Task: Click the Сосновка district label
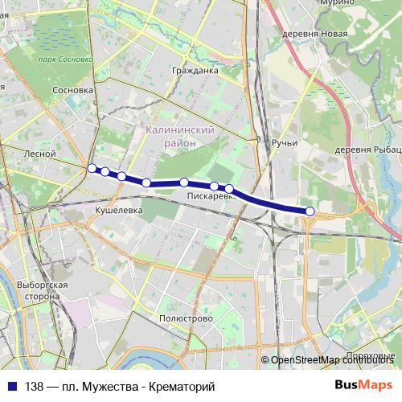coord(72,91)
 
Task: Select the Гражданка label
coord(195,70)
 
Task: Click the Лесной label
coord(39,153)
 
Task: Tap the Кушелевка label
coord(118,209)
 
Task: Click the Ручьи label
coord(285,143)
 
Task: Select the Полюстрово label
coord(186,318)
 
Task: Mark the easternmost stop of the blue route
coord(310,211)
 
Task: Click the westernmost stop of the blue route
coord(92,168)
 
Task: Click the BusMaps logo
coord(364,386)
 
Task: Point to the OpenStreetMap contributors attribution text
coord(334,360)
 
